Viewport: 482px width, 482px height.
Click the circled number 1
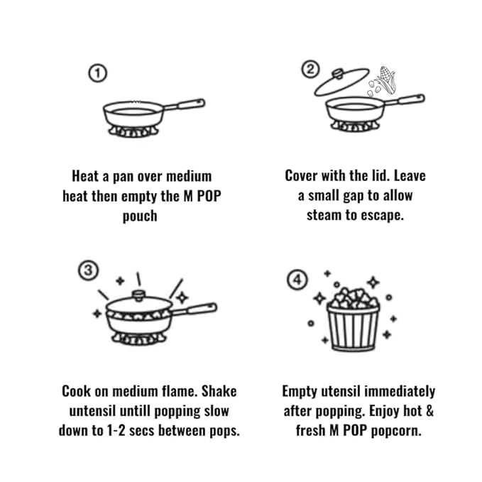(98, 73)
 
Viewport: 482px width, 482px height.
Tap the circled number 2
(310, 69)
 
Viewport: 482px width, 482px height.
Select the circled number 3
(88, 270)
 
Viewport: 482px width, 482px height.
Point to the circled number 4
(297, 280)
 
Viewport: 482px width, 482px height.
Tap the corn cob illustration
(385, 80)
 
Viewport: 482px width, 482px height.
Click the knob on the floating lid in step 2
(337, 73)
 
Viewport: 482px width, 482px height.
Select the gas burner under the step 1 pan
(133, 131)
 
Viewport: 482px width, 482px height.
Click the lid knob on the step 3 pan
(139, 296)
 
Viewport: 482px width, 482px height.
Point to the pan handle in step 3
(194, 309)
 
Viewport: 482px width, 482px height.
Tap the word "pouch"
(140, 216)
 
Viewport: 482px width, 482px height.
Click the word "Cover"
(301, 176)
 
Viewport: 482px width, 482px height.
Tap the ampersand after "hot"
(429, 411)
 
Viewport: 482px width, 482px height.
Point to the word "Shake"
(219, 391)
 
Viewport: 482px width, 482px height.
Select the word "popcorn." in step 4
(396, 431)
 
